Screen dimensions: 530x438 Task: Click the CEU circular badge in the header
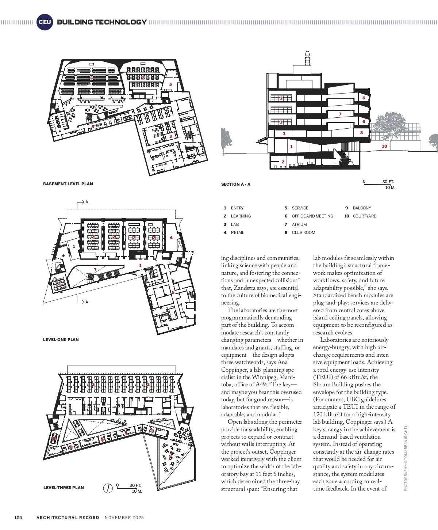click(x=45, y=22)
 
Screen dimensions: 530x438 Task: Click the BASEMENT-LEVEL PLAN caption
click(x=68, y=184)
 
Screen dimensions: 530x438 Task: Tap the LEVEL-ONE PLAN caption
click(x=61, y=340)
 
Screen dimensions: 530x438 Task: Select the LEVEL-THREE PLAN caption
click(x=64, y=488)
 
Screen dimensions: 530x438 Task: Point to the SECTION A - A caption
click(x=235, y=184)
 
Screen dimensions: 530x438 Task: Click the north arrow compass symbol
click(x=108, y=488)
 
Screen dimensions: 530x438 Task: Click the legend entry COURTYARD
click(x=364, y=216)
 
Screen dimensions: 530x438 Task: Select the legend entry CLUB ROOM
click(x=303, y=232)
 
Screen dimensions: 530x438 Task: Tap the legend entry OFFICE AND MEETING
click(x=312, y=216)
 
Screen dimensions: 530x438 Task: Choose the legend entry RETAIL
click(x=237, y=232)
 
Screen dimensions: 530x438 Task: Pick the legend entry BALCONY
click(x=362, y=208)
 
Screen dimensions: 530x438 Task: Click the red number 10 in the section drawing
click(x=384, y=146)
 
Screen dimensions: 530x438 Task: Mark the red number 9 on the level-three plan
click(x=170, y=456)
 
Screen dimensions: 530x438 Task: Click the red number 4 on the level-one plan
click(x=171, y=238)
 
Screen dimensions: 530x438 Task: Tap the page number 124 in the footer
click(x=18, y=518)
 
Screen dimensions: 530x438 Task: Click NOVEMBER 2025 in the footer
click(x=124, y=518)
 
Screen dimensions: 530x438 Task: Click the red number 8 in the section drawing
click(x=361, y=133)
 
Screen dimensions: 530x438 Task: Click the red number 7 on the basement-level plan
click(x=96, y=106)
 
